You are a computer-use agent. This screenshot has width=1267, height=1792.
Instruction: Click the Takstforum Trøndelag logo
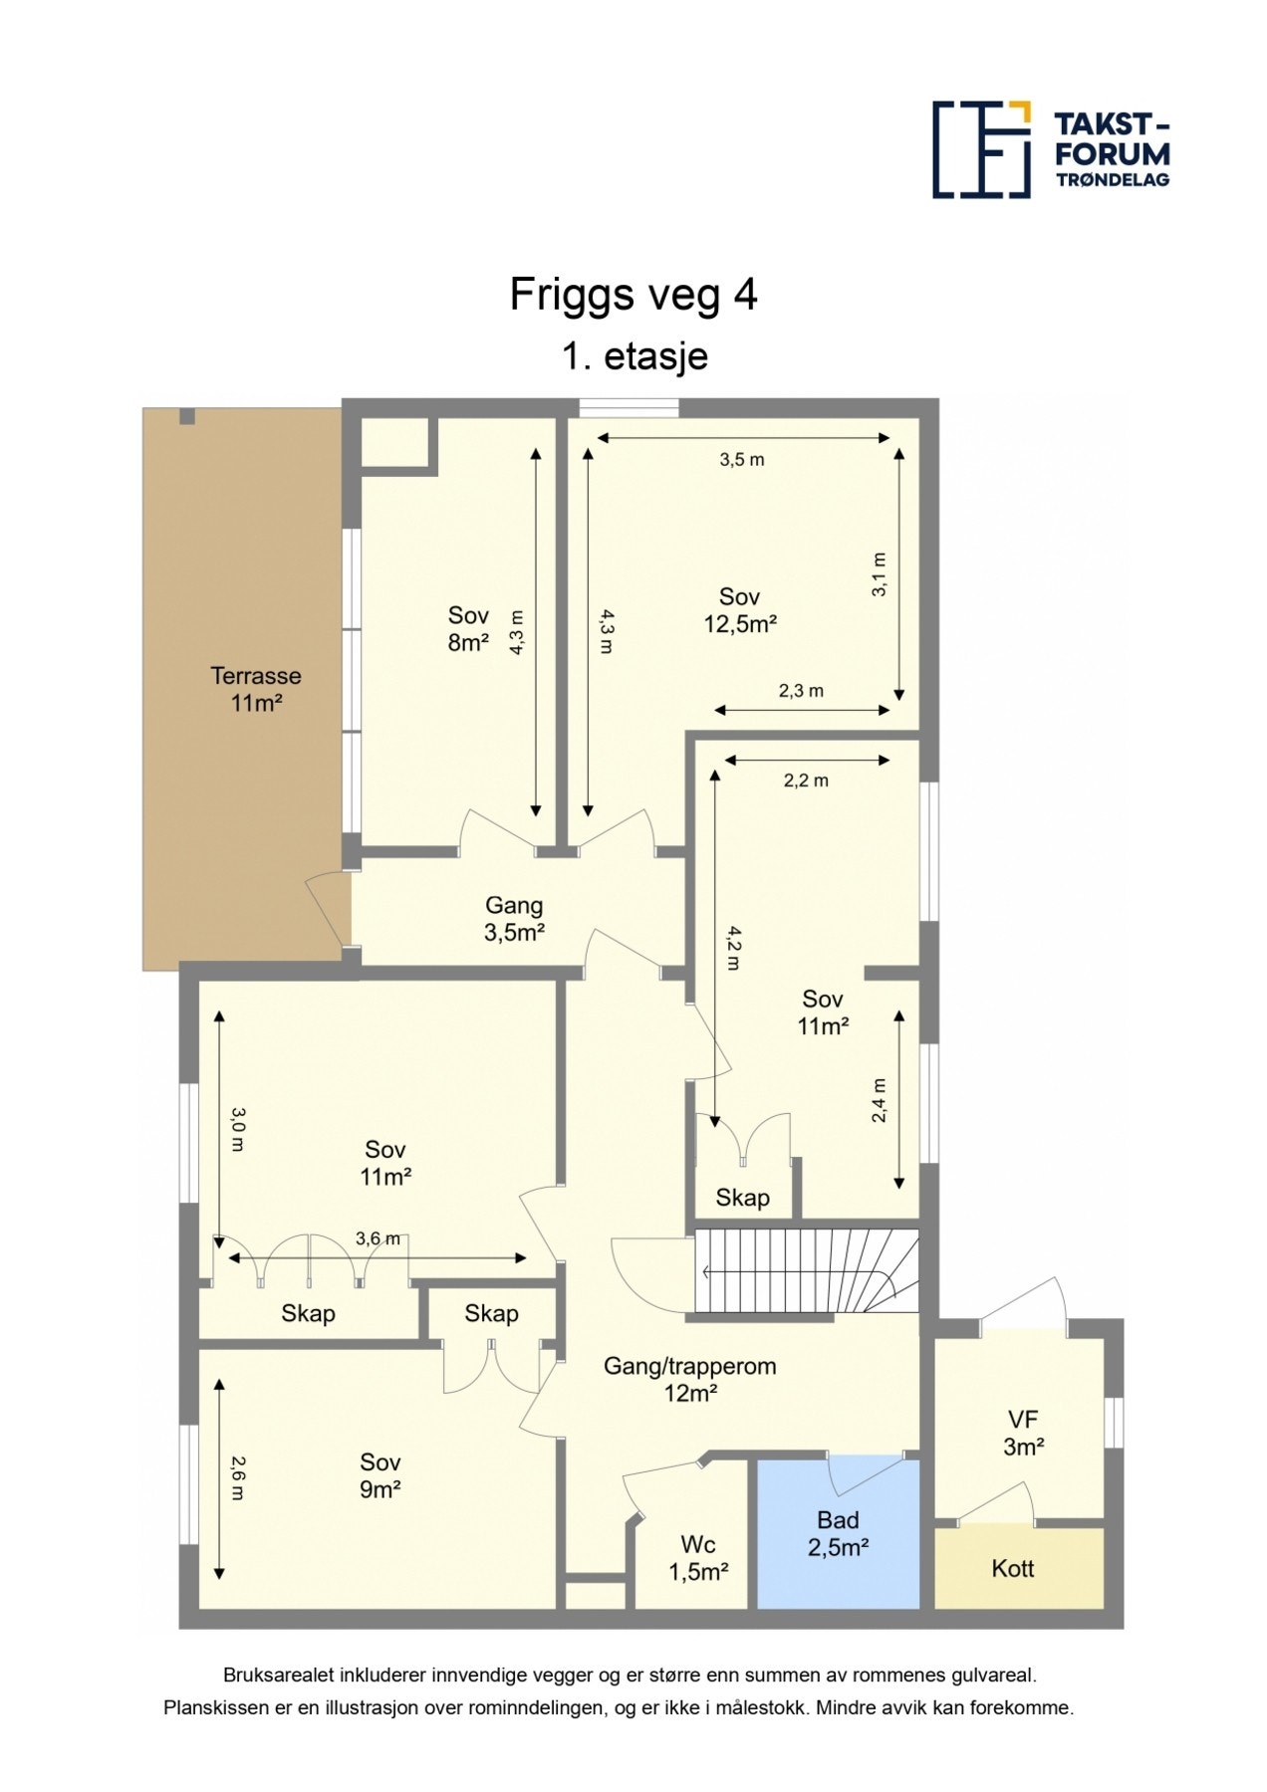coord(1051,149)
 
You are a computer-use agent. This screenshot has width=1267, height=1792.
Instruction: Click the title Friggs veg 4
coord(633,295)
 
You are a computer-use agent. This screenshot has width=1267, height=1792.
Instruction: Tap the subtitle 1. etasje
coord(634,355)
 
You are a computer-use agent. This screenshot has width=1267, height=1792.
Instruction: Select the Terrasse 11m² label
coord(256,689)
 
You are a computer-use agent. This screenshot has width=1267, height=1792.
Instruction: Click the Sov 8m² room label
coord(468,628)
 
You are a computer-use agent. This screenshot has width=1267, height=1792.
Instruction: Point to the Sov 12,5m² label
coord(739,609)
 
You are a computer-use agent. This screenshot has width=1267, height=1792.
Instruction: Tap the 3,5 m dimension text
coord(742,459)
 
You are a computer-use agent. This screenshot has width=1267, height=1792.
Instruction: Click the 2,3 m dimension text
coord(801,691)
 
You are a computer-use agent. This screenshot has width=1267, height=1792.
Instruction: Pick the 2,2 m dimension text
coord(806,781)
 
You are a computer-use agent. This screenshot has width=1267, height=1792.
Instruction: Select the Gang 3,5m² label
coord(514,919)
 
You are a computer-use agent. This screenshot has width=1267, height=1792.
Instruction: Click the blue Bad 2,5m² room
coord(838,1534)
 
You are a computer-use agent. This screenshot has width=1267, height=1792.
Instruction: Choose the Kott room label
coord(1013,1569)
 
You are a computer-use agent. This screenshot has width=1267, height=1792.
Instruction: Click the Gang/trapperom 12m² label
coord(690,1379)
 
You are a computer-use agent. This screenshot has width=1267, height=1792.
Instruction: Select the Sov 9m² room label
coord(380,1475)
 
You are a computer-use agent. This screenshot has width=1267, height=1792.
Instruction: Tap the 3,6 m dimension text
coord(378,1238)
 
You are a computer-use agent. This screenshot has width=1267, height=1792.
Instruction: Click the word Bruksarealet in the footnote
coord(275,1676)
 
